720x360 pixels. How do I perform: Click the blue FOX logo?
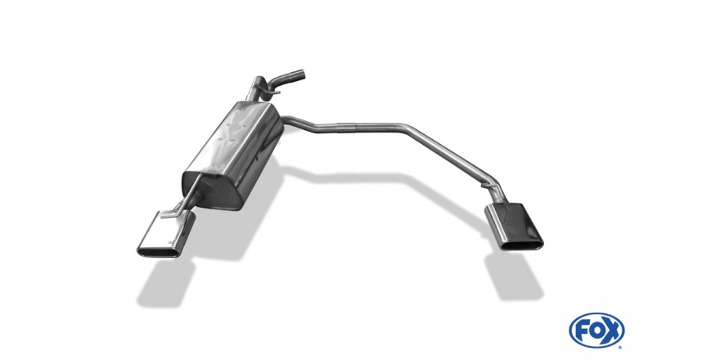coord(596,331)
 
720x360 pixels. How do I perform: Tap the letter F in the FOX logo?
coord(582,331)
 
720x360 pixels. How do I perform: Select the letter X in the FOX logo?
coord(612,331)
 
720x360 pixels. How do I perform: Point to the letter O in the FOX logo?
coord(596,331)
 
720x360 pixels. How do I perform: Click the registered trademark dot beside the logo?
coord(622,347)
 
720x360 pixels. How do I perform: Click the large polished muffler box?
coord(233,155)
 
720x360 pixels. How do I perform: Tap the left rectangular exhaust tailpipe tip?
coord(166,234)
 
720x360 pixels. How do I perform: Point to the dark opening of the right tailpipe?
coord(523,245)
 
